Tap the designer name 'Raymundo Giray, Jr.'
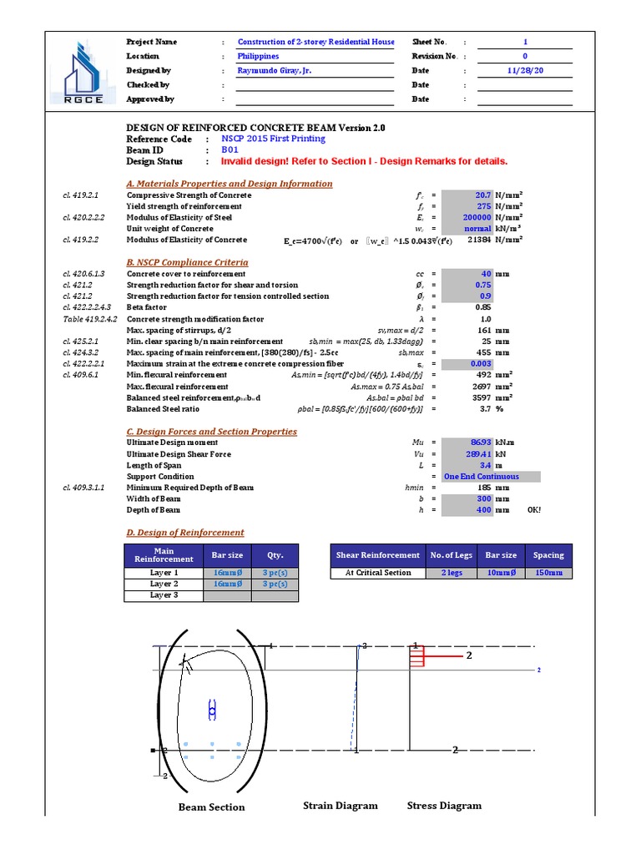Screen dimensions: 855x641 tap(275, 71)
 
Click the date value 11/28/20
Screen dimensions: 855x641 tap(525, 71)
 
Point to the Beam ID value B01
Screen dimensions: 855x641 tap(230, 150)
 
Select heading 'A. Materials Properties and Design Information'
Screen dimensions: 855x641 tap(229, 184)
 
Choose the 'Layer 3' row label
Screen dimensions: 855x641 tap(164, 595)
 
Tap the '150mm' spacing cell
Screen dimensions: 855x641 tap(548, 574)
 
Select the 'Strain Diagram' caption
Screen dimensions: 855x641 tap(340, 806)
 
